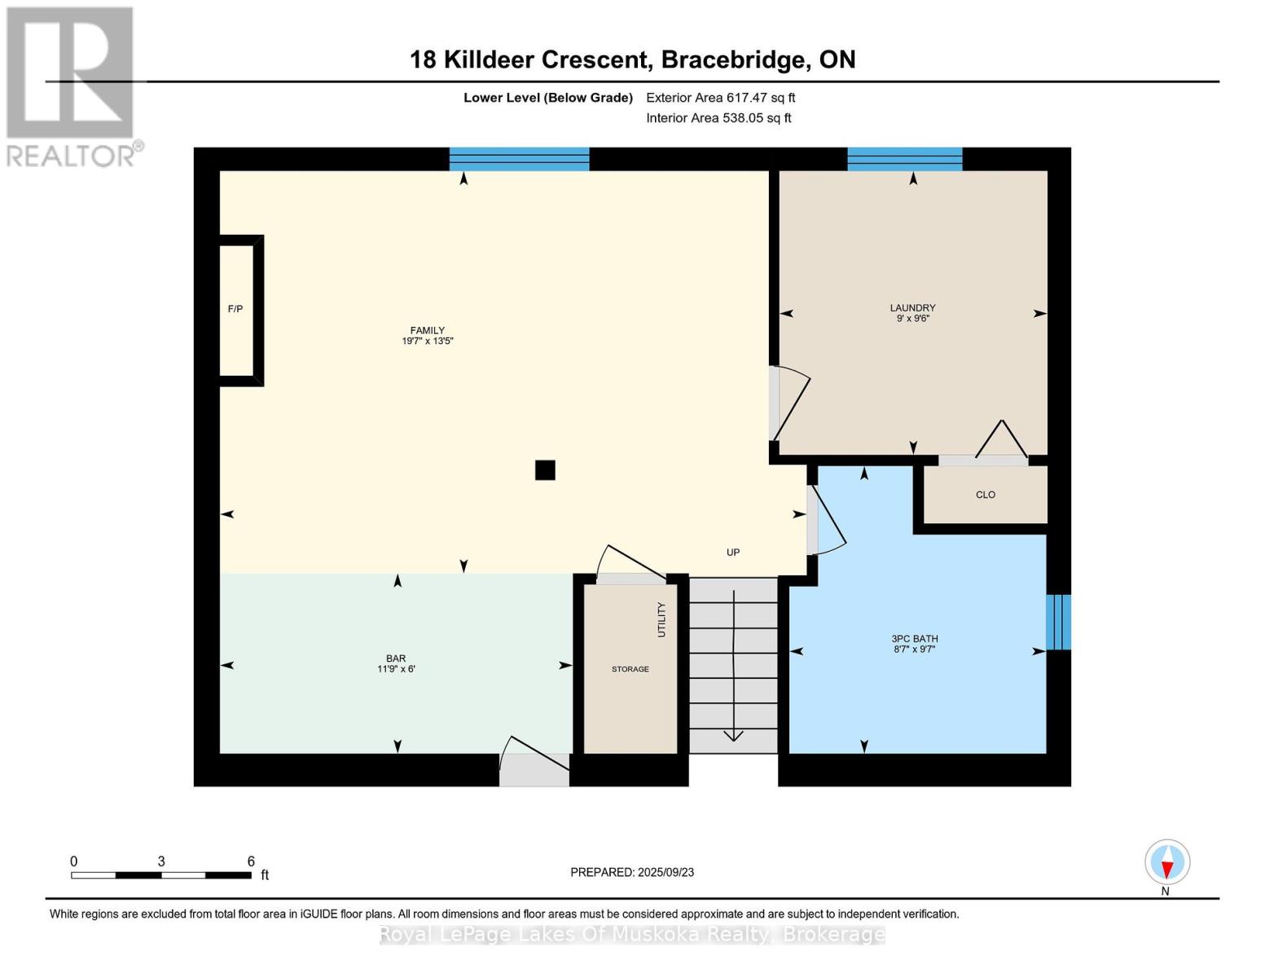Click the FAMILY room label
[x=428, y=330]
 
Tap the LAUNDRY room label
[x=912, y=307]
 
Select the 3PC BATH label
[x=914, y=638]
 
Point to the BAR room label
[x=396, y=659]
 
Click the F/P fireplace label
[x=235, y=309]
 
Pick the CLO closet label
[x=985, y=495]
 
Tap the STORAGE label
[x=630, y=668]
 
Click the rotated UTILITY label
[x=661, y=619]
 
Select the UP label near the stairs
[x=733, y=552]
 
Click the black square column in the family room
[x=545, y=469]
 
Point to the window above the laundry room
[x=904, y=159]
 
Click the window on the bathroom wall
[x=1058, y=622]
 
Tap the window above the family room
[x=519, y=159]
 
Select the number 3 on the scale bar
[x=161, y=861]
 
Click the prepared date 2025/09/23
[x=665, y=872]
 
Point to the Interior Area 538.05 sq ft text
[x=718, y=117]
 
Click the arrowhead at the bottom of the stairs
[x=733, y=736]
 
